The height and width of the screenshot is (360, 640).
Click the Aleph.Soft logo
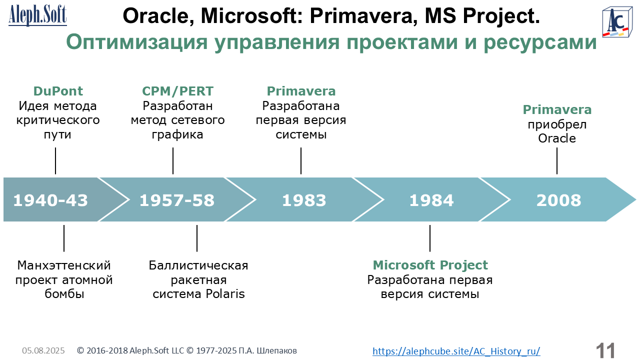[x=37, y=15]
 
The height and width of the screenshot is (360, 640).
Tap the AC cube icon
[x=617, y=22]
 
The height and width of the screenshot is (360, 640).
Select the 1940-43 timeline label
[x=50, y=200]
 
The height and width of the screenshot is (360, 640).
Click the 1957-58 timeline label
[x=177, y=200]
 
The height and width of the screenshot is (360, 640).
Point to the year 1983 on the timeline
[x=304, y=200]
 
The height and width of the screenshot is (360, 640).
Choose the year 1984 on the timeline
[x=431, y=200]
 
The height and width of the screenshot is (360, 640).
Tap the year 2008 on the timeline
[x=559, y=200]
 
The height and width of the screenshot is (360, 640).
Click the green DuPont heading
[x=58, y=91]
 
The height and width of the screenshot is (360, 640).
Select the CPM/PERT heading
[x=177, y=91]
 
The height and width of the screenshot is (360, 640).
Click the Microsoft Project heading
[x=430, y=265]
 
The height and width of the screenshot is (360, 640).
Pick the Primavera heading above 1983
[x=301, y=91]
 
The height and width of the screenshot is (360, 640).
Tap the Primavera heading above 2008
[x=557, y=109]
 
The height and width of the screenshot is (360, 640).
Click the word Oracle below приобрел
[x=557, y=138]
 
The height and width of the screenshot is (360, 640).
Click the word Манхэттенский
[x=64, y=265]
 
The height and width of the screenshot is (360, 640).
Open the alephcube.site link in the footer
[x=456, y=351]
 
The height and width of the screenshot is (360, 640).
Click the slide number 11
[x=605, y=350]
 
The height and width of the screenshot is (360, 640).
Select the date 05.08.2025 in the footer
[x=43, y=350]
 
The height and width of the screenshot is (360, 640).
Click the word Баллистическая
[x=198, y=265]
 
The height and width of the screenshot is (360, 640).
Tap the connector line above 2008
[x=557, y=161]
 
